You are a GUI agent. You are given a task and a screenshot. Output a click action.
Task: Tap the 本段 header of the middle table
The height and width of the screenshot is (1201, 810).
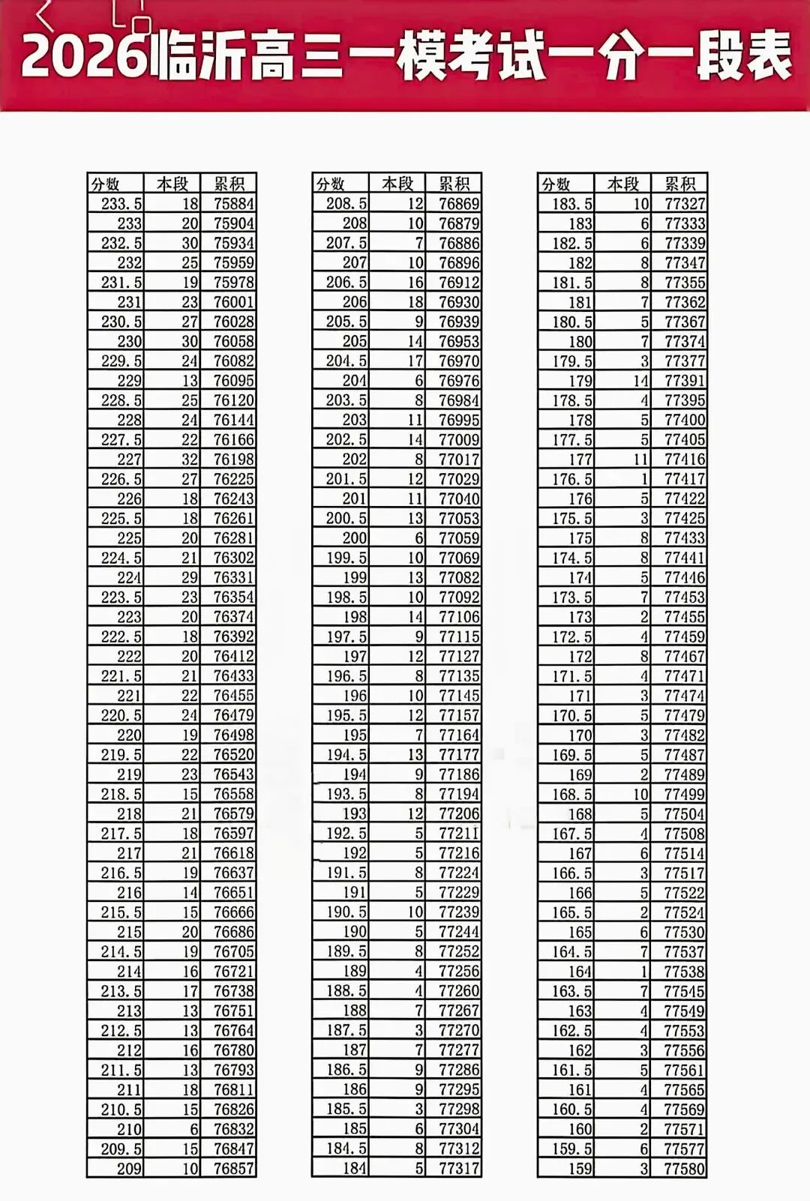tap(397, 184)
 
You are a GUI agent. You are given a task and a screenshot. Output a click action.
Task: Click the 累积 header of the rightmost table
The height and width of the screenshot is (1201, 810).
tap(679, 184)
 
